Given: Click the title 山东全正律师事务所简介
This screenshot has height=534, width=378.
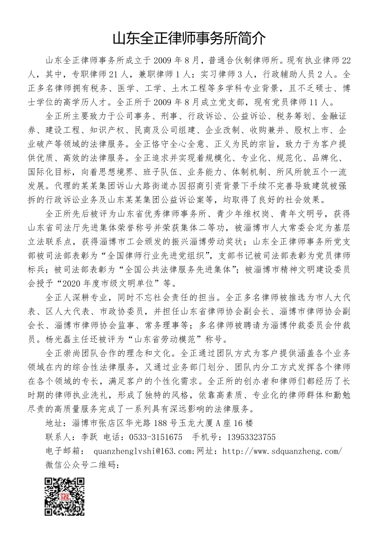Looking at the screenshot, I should tap(189, 38).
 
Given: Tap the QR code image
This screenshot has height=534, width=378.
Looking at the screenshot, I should tap(64, 496).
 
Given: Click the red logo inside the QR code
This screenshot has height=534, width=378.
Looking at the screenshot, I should tap(64, 496).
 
